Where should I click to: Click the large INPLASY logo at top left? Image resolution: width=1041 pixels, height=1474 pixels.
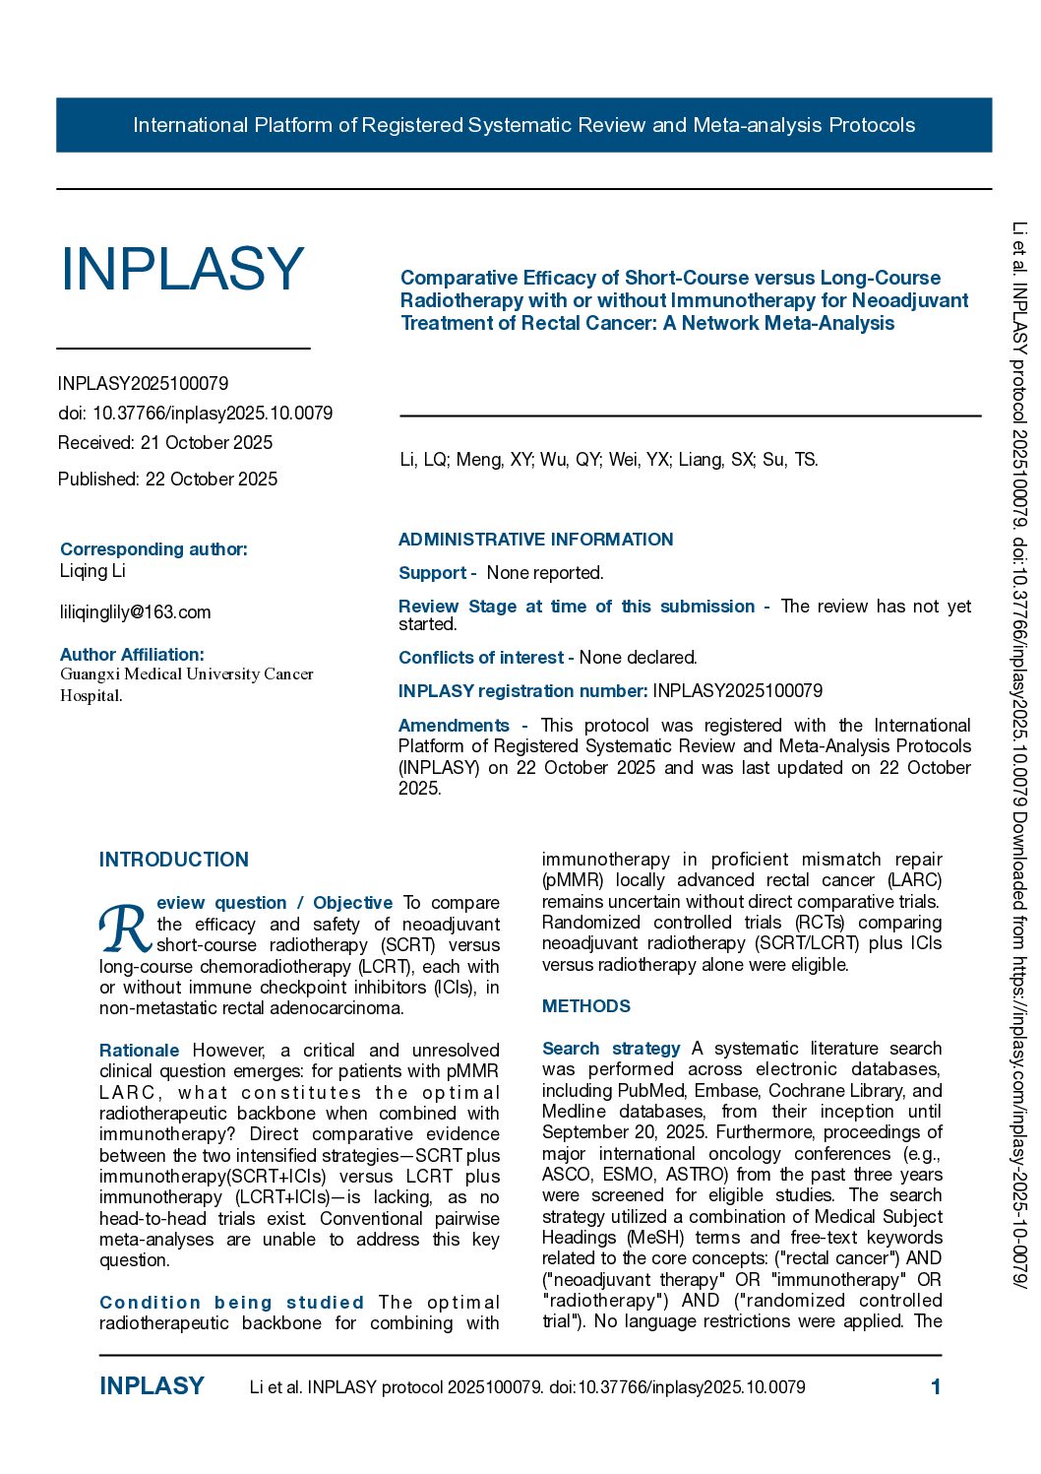coord(182,269)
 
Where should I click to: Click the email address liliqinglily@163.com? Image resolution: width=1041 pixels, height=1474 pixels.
coord(135,612)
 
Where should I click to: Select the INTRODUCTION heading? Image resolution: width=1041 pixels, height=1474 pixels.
coord(174,860)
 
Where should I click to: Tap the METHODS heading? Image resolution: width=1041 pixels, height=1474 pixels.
coord(586,1006)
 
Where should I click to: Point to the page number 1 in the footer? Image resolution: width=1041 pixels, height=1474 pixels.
coord(936,1387)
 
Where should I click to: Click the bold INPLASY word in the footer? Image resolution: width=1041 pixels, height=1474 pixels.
coord(152,1386)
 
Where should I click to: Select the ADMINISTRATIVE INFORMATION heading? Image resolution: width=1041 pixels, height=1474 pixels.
coord(535,540)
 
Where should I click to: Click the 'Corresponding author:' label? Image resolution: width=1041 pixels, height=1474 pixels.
coord(153,549)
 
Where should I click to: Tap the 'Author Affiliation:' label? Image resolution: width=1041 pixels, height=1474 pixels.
coord(132,655)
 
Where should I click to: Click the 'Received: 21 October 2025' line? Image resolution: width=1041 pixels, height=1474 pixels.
coord(165,443)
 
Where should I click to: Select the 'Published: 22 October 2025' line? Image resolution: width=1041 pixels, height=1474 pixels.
coord(167,480)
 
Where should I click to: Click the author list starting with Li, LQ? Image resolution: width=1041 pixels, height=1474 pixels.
coord(608,460)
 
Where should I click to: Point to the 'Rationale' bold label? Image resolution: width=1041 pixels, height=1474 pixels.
coord(140,1051)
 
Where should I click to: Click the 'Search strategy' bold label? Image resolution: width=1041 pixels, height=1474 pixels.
coord(611,1049)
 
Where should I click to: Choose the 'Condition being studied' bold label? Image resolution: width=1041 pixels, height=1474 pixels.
coord(231,1303)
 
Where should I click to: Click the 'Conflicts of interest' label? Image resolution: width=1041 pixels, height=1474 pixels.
coord(481,658)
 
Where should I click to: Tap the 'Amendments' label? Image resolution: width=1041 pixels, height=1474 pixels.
coord(454,726)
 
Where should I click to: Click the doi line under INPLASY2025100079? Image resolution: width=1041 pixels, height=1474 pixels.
coord(195,414)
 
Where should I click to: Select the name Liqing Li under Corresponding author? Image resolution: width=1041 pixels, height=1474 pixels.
coord(92,571)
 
